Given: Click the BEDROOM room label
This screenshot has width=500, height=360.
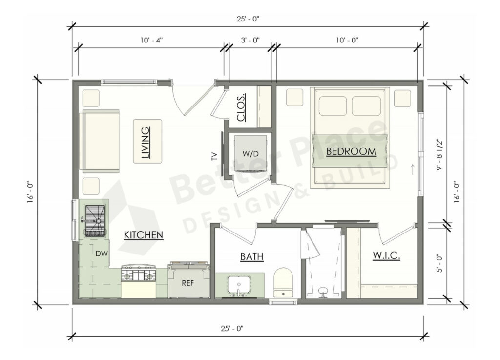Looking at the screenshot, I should (351, 151).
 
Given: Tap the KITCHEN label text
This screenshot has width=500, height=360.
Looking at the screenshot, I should (143, 235).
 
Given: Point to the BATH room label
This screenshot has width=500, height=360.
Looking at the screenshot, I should (252, 256).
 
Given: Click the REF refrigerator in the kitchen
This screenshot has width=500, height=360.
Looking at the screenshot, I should (189, 282).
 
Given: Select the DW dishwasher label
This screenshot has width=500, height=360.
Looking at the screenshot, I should (102, 254).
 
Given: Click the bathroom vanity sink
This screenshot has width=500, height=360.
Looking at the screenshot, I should (239, 285).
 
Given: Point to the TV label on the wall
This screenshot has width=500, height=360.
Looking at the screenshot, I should (214, 156).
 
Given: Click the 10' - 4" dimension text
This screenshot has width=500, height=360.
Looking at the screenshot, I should (150, 40).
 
